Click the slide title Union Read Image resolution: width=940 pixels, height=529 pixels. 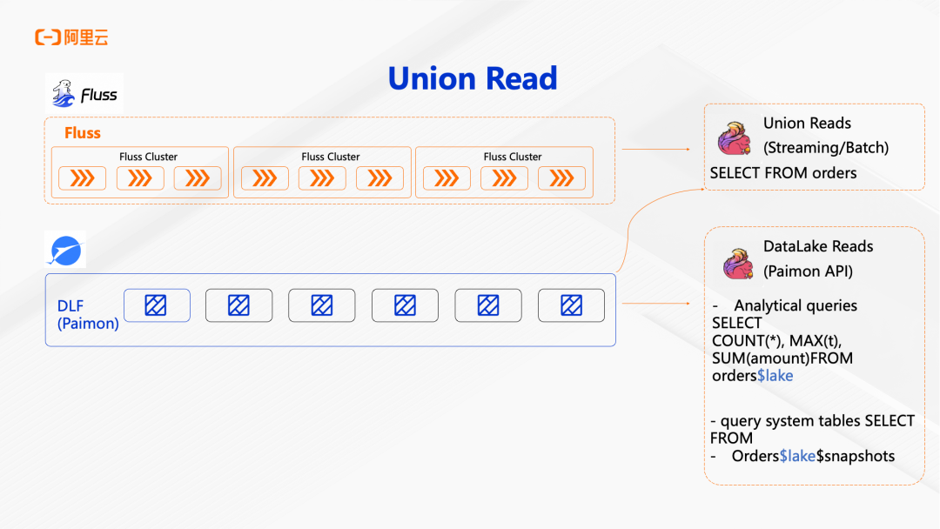pyautogui.click(x=473, y=78)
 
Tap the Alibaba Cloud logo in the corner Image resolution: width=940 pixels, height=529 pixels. pyautogui.click(x=71, y=37)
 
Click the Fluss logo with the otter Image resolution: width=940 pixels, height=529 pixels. pyautogui.click(x=84, y=93)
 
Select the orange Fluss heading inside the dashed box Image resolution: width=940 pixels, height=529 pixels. pyautogui.click(x=83, y=133)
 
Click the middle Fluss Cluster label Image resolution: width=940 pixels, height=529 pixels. pyautogui.click(x=331, y=157)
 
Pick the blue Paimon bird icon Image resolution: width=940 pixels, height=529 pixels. pyautogui.click(x=64, y=251)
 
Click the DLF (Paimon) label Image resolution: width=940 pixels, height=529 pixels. pyautogui.click(x=87, y=315)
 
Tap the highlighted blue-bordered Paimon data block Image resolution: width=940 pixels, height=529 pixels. pyautogui.click(x=157, y=305)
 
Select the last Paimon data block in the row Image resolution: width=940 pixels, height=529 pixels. pyautogui.click(x=571, y=305)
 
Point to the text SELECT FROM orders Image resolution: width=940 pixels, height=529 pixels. pyautogui.click(x=782, y=173)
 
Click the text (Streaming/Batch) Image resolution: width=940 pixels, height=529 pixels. pyautogui.click(x=826, y=148)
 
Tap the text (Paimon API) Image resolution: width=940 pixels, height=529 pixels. pyautogui.click(x=808, y=271)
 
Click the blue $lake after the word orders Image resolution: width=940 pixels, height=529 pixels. pyautogui.click(x=775, y=376)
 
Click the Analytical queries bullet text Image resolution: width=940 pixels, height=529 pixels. pyautogui.click(x=795, y=305)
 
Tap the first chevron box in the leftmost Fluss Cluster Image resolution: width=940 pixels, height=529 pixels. pyautogui.click(x=82, y=178)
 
